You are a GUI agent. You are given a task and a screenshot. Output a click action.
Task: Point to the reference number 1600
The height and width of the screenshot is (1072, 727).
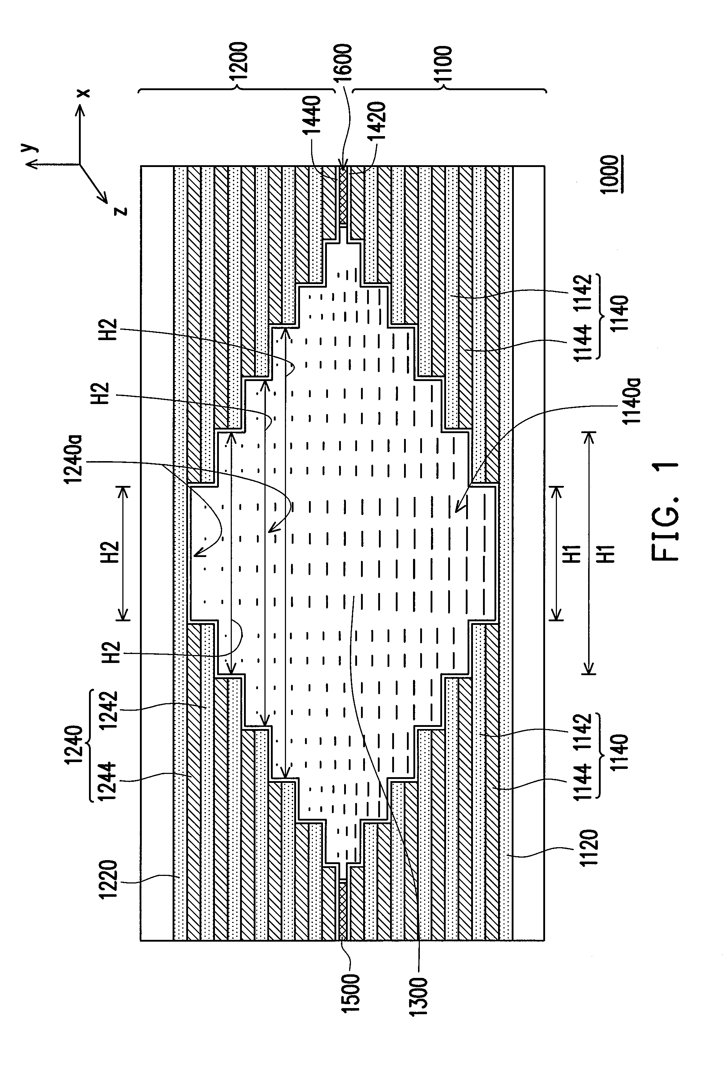[x=343, y=62]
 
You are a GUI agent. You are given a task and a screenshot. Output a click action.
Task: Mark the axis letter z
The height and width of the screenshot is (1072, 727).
[x=121, y=211]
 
